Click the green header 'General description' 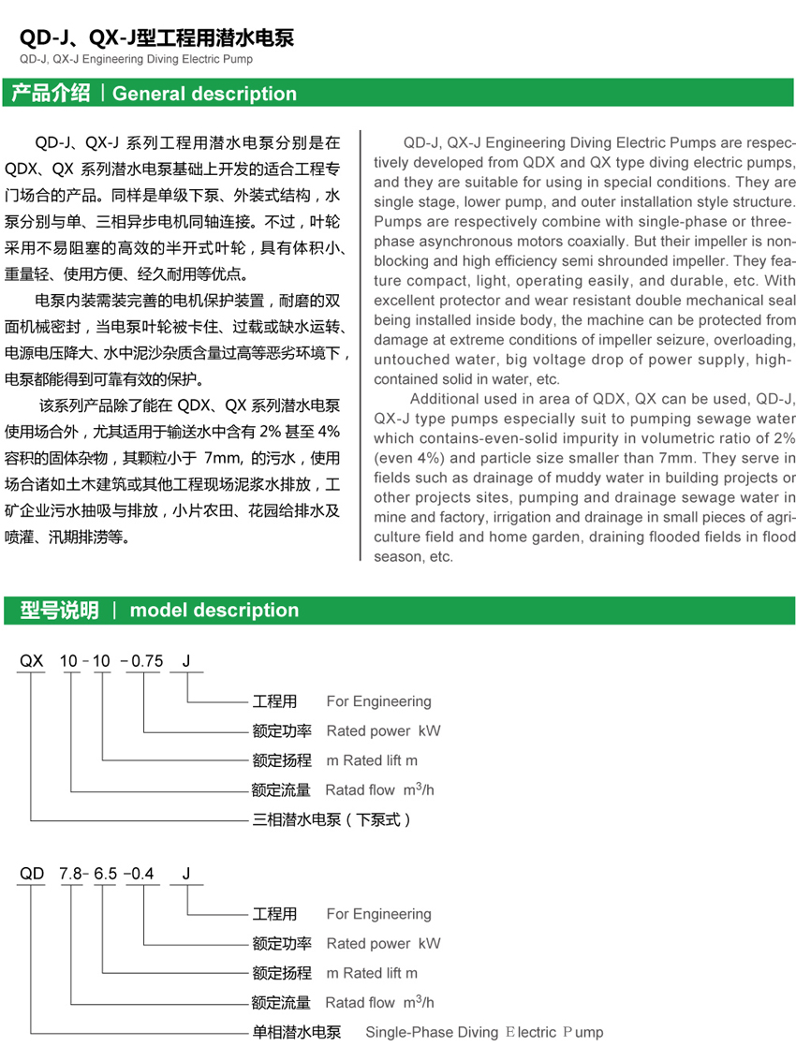coord(204,94)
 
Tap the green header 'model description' coord(214,611)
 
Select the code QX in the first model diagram coord(32,661)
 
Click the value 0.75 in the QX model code coord(147,661)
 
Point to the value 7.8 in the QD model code coord(70,874)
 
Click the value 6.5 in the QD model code coord(106,874)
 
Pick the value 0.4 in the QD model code coord(141,874)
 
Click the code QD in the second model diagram coord(32,874)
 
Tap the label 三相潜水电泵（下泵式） coord(332,819)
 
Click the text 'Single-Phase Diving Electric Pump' coord(483,1032)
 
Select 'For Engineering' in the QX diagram coord(378,701)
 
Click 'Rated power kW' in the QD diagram coord(383,943)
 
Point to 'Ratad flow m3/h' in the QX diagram coord(379,789)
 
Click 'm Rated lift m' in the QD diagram coord(372,973)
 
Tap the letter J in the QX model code coord(186,661)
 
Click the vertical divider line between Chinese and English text coord(361,346)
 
